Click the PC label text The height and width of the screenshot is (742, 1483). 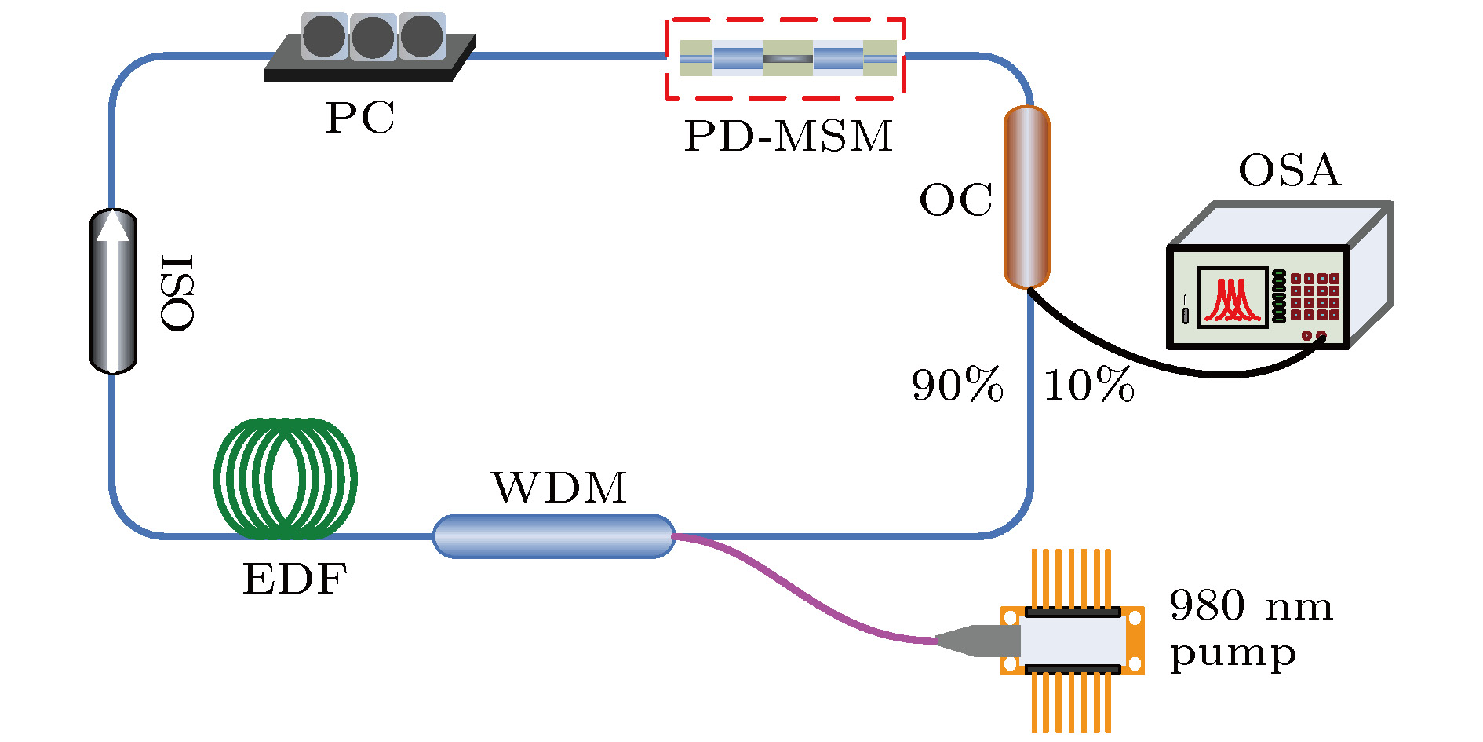(360, 119)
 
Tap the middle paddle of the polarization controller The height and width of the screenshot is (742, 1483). (373, 37)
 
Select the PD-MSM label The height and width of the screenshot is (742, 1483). (789, 136)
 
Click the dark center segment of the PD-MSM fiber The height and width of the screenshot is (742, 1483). (788, 58)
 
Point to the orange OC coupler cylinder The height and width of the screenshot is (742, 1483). (1026, 197)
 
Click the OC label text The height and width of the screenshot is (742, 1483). (956, 200)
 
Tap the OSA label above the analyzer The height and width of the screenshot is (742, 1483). (1289, 170)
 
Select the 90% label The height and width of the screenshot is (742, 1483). (957, 386)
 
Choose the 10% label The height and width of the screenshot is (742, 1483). (1089, 386)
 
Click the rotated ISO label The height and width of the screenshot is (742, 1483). (177, 293)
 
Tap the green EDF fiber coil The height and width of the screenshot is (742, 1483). (286, 478)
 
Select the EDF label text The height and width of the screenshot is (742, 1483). (295, 579)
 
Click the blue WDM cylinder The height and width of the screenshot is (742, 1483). (554, 536)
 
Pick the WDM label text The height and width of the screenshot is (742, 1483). (559, 488)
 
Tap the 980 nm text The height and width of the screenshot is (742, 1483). (1251, 606)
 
